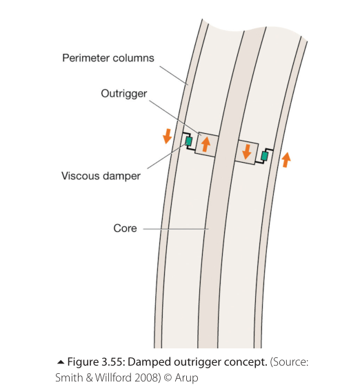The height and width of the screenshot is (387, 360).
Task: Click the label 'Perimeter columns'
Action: click(108, 58)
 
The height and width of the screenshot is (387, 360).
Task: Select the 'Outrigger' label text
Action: click(124, 94)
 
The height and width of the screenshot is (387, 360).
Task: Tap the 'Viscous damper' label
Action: click(101, 176)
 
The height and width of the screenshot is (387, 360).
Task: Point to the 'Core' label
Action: click(125, 228)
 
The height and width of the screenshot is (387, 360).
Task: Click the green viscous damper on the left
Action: click(189, 141)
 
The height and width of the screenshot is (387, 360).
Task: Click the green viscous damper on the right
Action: click(265, 156)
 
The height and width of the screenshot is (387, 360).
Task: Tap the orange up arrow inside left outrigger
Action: click(206, 144)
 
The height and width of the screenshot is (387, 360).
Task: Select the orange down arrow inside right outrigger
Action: click(246, 152)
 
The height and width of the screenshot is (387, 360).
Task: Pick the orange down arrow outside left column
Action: click(168, 136)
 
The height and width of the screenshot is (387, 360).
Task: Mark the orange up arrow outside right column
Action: click(286, 159)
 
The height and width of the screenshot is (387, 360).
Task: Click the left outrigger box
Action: click(207, 144)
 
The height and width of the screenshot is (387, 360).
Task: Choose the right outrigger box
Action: click(246, 152)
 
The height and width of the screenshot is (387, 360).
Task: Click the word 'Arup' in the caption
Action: click(186, 378)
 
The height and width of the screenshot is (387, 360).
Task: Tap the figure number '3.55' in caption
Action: click(112, 362)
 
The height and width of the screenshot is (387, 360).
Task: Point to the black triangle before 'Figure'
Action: click(61, 362)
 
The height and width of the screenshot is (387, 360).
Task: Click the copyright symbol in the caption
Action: click(168, 378)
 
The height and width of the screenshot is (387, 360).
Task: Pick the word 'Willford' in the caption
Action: click(114, 378)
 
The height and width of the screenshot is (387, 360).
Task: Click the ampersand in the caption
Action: click(90, 378)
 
